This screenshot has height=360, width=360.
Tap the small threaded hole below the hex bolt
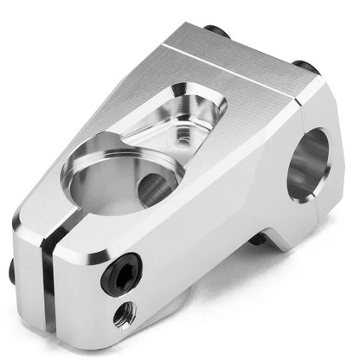(x=124, y=314)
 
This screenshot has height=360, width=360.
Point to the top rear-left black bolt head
(x=215, y=32)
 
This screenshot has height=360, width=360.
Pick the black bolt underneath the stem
(x=258, y=238)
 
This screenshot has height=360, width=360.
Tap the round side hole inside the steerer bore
(x=155, y=188)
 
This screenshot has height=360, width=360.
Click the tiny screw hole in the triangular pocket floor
(x=183, y=136)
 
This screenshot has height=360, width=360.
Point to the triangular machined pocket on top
(x=186, y=117)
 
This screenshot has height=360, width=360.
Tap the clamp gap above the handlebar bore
(x=303, y=111)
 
